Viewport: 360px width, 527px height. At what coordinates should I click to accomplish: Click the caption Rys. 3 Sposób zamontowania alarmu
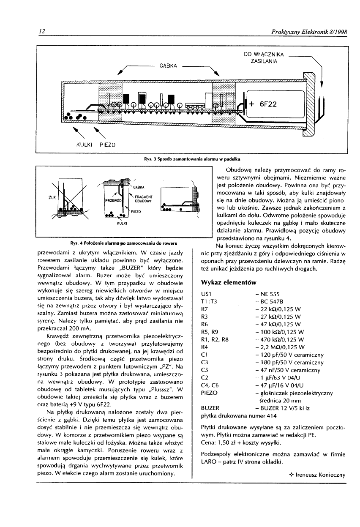coord(192,159)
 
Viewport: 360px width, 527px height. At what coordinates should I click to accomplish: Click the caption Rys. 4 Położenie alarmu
coord(123,244)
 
